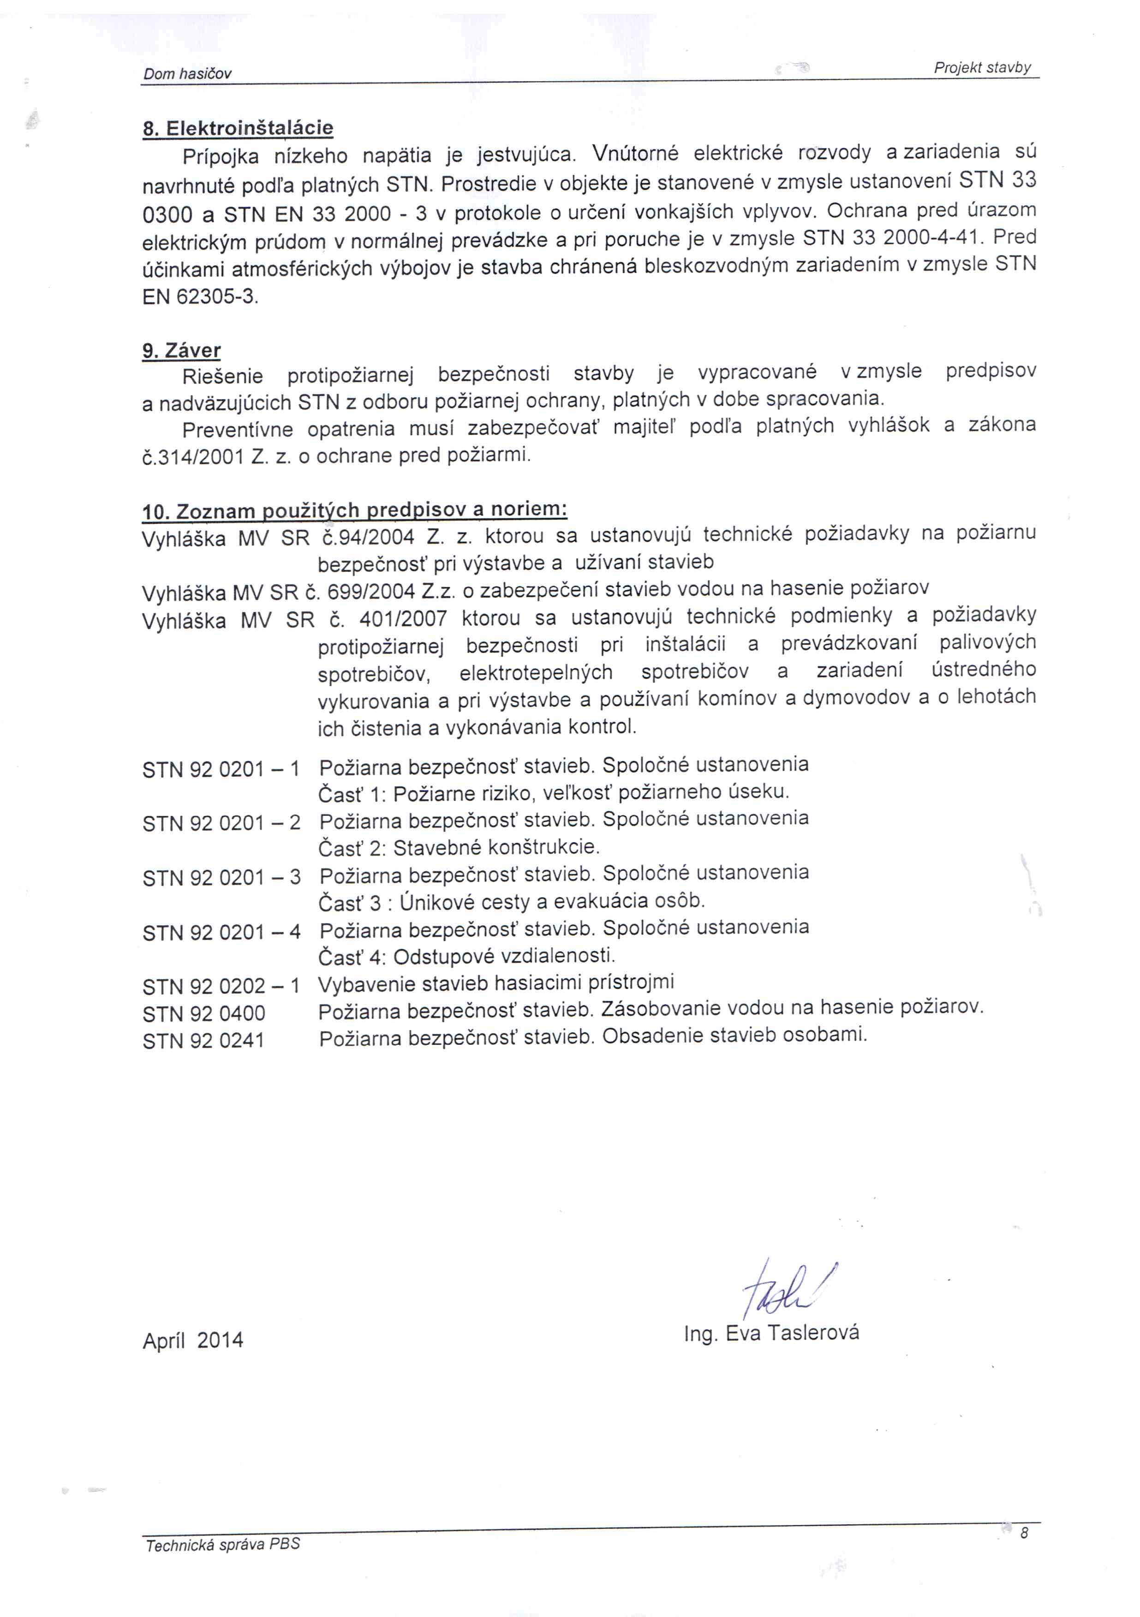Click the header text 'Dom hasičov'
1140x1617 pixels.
point(187,74)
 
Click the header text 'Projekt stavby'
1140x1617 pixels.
point(982,68)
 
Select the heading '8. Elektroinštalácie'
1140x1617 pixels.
point(238,128)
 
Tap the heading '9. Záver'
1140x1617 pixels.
point(182,350)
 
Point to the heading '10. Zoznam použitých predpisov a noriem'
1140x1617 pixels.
point(355,510)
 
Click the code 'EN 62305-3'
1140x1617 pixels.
point(199,297)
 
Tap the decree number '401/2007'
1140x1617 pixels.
point(403,619)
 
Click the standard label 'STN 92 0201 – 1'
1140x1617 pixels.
point(221,769)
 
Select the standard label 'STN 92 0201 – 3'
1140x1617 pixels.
point(221,878)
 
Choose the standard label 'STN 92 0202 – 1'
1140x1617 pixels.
point(221,986)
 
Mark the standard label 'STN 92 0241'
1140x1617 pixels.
point(203,1041)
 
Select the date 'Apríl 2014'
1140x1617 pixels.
point(193,1340)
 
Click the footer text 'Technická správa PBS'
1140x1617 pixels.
point(222,1545)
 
